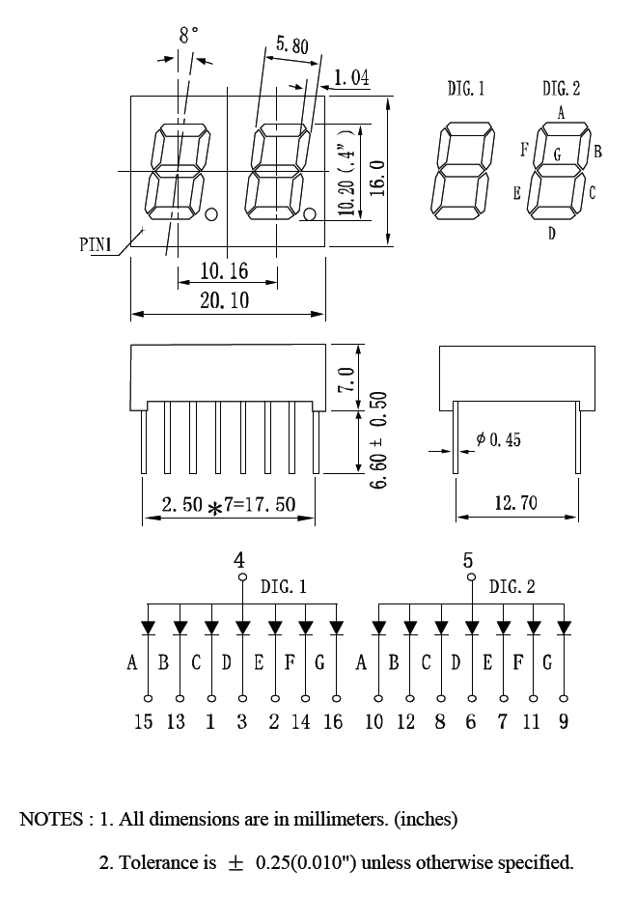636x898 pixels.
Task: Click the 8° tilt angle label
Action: [x=188, y=35]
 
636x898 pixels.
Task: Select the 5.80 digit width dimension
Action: [x=292, y=44]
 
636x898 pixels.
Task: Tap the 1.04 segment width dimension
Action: [x=351, y=77]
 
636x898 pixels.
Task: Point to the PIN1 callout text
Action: [x=96, y=244]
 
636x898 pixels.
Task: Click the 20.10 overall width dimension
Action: [x=225, y=300]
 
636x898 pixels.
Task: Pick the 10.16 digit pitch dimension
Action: [x=225, y=271]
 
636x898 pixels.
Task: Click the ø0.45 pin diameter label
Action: [x=498, y=439]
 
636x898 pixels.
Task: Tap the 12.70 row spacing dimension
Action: [x=515, y=503]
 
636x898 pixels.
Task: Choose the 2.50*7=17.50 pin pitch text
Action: [x=229, y=505]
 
